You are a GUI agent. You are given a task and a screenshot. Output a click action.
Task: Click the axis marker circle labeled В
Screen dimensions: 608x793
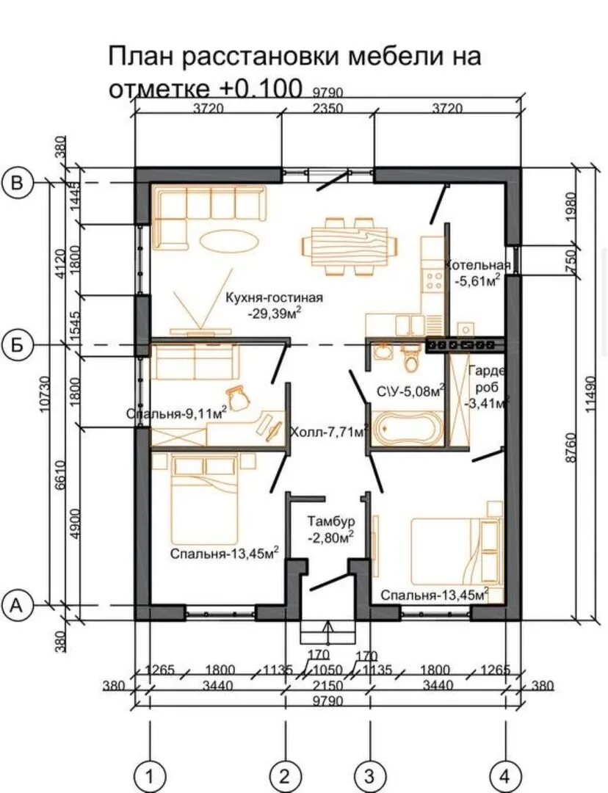(18, 182)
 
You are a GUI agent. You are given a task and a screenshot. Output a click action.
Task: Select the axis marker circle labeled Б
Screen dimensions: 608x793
(18, 345)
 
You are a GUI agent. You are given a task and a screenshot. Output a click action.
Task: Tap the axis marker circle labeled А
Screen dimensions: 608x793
(18, 605)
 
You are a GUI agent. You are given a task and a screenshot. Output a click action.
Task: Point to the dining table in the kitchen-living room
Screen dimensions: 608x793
(350, 246)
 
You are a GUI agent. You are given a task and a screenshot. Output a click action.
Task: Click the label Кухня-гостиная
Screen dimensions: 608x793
(274, 297)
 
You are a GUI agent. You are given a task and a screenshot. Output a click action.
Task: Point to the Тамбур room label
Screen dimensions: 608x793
(331, 521)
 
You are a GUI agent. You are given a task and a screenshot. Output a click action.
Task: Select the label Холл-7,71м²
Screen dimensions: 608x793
(328, 432)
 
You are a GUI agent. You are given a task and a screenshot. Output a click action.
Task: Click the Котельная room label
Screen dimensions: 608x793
(477, 266)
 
